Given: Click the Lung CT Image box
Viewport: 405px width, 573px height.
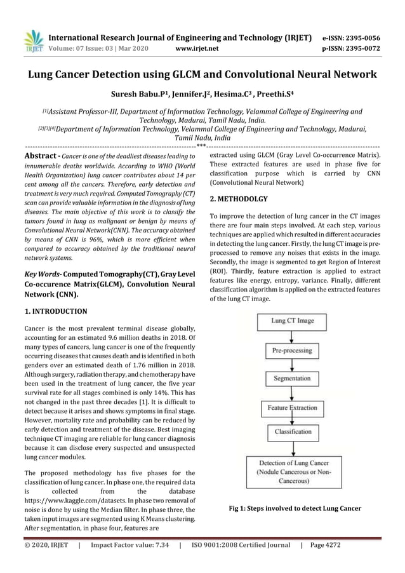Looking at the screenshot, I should pos(293,321).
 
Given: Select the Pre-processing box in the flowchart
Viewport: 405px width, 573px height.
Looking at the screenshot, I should pos(293,350).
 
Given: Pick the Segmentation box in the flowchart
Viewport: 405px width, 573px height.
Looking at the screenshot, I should pos(293,379).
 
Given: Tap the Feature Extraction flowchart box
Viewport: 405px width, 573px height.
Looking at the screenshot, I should pos(293,407).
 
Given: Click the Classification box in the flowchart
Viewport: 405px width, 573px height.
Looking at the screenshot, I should pos(293,431).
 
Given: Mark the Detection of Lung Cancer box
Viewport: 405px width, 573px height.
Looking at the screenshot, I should pos(293,471).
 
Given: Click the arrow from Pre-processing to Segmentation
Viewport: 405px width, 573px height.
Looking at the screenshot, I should pos(293,364).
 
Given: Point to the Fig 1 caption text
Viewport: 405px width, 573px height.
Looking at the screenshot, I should pos(295,508).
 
